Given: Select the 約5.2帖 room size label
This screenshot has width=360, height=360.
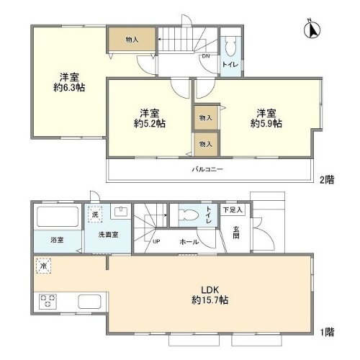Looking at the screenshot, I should (x=150, y=124).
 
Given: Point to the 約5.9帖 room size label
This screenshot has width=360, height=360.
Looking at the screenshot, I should (x=266, y=124).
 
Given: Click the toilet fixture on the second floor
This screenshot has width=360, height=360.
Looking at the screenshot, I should (x=230, y=48).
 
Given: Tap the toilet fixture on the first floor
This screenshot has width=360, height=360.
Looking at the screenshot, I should (x=188, y=215).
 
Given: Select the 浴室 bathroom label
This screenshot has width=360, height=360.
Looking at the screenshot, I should (x=55, y=240).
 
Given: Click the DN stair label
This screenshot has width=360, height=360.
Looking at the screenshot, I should (x=205, y=56).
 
